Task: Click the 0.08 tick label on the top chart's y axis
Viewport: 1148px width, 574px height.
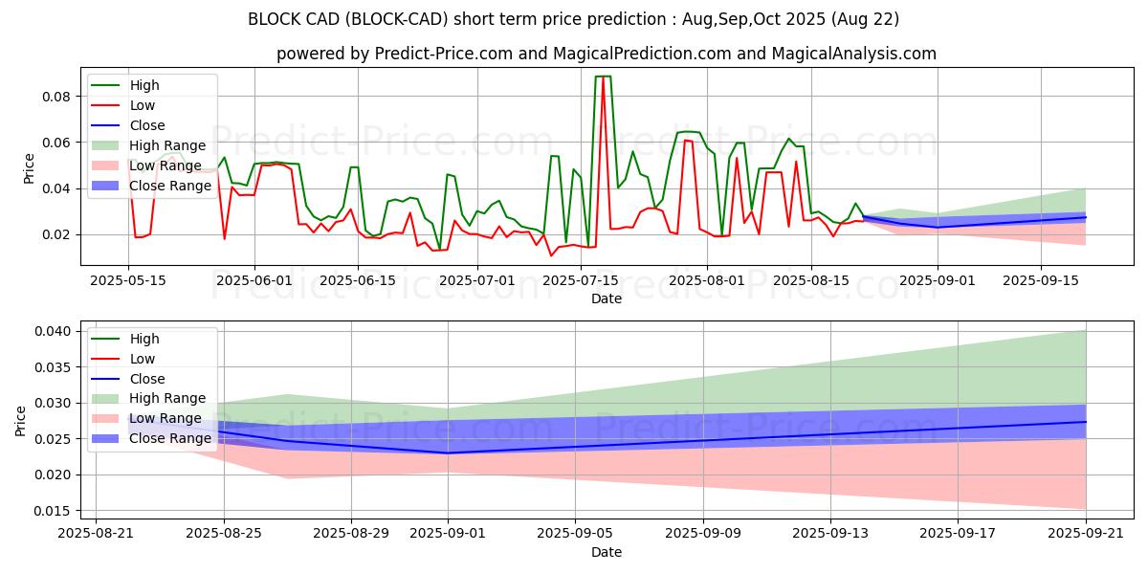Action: tap(56, 97)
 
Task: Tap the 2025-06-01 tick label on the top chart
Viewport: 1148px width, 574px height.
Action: tap(254, 280)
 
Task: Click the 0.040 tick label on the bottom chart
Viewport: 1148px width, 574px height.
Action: tap(51, 331)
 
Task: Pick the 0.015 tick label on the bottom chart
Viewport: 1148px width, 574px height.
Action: tap(51, 511)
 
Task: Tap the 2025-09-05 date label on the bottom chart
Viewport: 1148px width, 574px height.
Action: tap(575, 533)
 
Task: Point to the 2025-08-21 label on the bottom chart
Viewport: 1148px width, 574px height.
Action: tap(96, 533)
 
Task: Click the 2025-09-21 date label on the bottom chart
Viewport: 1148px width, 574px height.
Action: tap(1086, 533)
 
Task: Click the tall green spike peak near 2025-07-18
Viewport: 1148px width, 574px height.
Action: tap(603, 77)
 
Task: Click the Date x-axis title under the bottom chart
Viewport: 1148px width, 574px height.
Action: tap(607, 552)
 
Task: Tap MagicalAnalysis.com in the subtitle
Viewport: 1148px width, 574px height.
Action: tap(856, 54)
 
